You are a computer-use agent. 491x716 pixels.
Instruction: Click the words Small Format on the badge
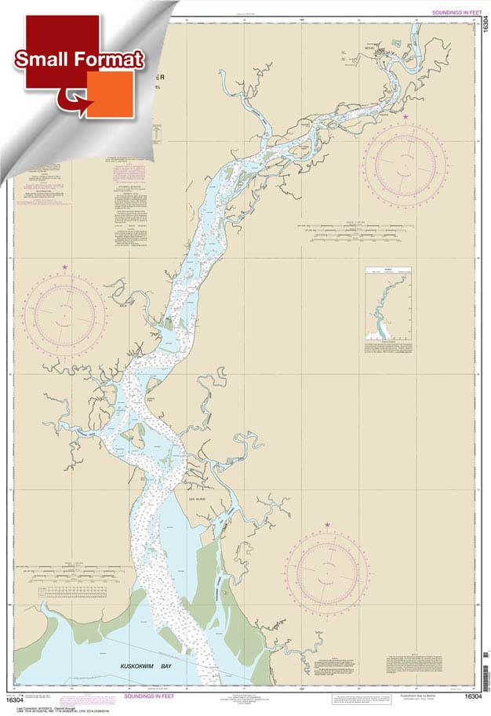[78, 60]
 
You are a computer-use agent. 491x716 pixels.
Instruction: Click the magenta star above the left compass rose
[64, 267]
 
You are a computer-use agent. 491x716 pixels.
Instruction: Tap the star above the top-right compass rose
[406, 117]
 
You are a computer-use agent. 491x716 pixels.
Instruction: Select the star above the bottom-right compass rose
[327, 525]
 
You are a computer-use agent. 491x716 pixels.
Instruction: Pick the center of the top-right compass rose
[406, 162]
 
